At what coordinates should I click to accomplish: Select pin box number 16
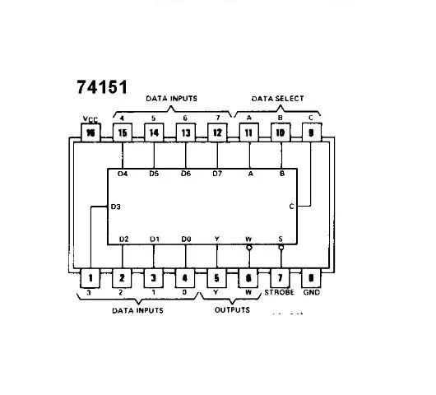pos(90,132)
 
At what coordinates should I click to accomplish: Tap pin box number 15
pos(123,132)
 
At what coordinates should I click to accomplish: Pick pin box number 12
pos(217,132)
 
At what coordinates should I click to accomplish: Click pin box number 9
pos(311,132)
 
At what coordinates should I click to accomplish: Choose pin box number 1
pos(90,279)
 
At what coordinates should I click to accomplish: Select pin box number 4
pos(185,279)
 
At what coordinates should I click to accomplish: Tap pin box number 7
pos(280,279)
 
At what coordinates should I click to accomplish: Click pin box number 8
pos(311,279)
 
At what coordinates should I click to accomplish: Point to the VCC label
pos(90,118)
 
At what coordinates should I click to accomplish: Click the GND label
pos(312,293)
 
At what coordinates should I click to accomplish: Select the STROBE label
pos(279,293)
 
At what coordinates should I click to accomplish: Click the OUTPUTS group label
pos(232,310)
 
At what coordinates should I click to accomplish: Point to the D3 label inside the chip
pos(115,207)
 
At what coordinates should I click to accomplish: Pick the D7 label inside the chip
pos(217,174)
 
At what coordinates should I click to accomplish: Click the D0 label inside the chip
pos(186,239)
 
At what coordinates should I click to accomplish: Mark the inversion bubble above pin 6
pos(248,246)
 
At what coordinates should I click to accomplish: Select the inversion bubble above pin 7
pos(281,246)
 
